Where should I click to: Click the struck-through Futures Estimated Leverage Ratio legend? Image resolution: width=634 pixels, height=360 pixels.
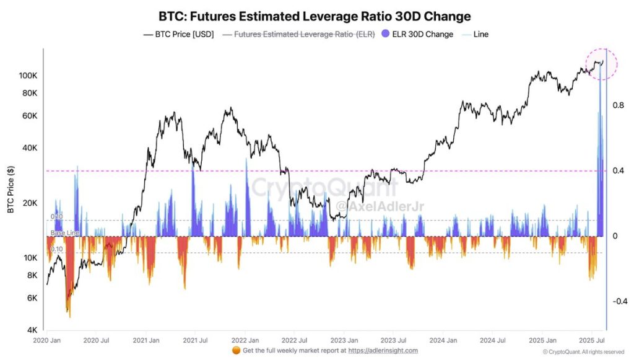(x=300, y=35)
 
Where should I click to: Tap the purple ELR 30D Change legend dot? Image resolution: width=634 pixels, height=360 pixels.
(x=386, y=35)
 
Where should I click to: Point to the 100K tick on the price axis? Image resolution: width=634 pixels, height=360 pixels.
(x=29, y=75)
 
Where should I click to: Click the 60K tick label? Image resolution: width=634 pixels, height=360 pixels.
(x=30, y=116)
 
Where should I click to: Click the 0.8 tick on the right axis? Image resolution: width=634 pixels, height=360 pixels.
(x=618, y=105)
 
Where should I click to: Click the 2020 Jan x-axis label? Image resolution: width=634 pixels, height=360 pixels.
(x=46, y=340)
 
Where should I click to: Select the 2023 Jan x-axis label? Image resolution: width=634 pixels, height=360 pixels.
(x=344, y=340)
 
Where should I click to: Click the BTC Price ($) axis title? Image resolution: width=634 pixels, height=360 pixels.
(x=11, y=189)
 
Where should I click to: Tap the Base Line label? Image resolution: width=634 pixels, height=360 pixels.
(x=65, y=232)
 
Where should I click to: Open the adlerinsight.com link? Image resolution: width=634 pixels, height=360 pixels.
(x=383, y=351)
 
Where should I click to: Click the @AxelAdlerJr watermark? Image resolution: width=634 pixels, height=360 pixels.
(x=379, y=205)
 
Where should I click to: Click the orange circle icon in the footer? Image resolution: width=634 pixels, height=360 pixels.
(x=236, y=351)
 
